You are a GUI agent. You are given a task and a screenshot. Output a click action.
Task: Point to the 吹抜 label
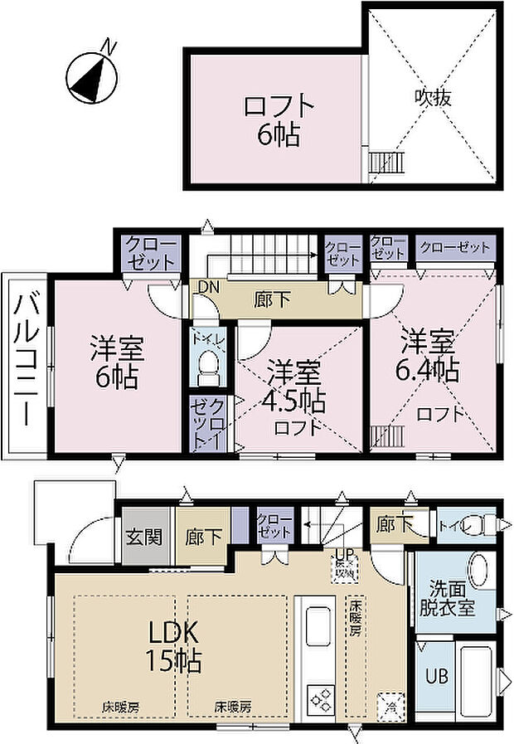coord(432,97)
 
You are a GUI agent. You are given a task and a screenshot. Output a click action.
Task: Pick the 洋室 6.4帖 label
coord(429,355)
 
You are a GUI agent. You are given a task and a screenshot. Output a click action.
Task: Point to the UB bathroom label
coord(438,676)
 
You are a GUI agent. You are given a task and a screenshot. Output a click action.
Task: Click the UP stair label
coord(342,556)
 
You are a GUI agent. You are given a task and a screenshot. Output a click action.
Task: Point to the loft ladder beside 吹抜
coord(385,160)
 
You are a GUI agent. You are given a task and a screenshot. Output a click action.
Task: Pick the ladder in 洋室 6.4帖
coord(387,436)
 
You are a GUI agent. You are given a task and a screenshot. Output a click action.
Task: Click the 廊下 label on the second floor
coord(273,299)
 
